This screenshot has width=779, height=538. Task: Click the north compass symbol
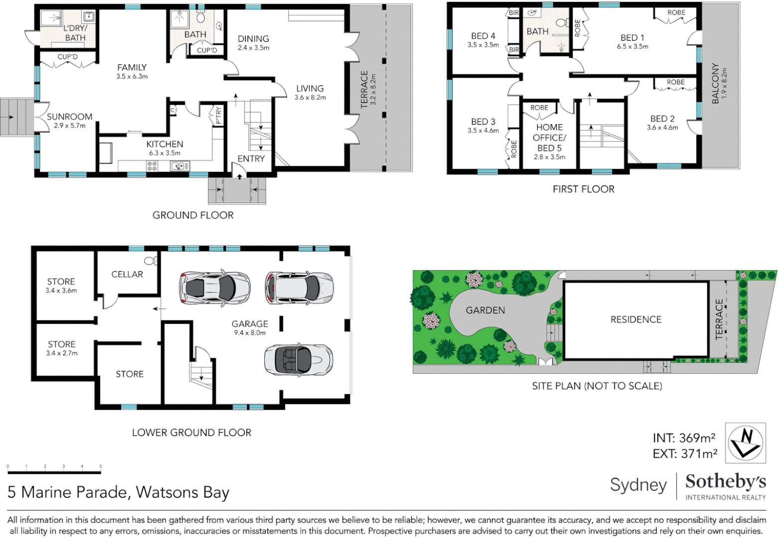point(745,443)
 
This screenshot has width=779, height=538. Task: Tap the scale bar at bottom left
point(54,471)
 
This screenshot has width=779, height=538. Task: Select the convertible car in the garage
point(298,360)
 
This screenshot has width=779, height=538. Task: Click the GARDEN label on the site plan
point(485,310)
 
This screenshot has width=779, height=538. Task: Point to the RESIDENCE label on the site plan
point(636,319)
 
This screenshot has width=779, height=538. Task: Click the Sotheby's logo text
point(725,482)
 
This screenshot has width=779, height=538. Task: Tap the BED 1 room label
point(632,38)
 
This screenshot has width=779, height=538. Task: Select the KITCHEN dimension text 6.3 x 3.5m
point(165,153)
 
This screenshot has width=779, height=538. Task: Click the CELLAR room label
point(127,274)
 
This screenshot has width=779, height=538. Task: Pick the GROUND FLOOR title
point(193,215)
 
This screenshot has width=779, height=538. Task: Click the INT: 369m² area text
point(684,438)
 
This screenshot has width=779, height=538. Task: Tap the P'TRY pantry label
point(218,116)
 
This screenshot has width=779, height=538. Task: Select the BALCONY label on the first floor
point(716,83)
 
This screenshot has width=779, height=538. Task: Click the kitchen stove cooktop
point(152,166)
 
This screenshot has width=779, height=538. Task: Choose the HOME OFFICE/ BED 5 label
point(549,137)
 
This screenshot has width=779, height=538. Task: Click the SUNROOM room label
point(69,117)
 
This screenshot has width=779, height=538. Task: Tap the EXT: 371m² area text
point(685,454)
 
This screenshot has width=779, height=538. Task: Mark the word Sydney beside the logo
point(638,485)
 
